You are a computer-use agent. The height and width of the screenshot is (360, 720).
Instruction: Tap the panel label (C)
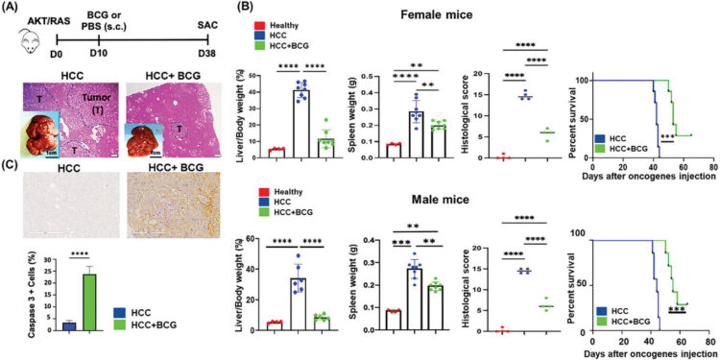12,182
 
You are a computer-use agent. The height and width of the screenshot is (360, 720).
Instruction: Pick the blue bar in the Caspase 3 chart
41,325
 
